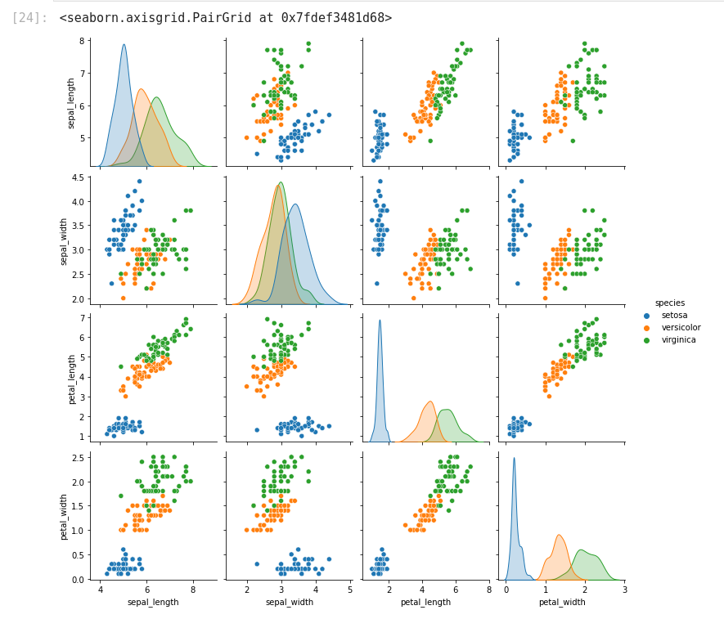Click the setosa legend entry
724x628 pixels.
click(x=674, y=315)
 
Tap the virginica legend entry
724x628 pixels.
click(x=678, y=339)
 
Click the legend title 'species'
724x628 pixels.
click(x=669, y=303)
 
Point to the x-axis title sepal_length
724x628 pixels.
click(x=153, y=603)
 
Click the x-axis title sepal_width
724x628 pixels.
click(x=289, y=603)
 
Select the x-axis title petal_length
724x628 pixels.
click(x=425, y=603)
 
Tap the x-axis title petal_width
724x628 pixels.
click(x=561, y=603)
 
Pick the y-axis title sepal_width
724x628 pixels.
click(x=65, y=241)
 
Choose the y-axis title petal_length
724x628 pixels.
click(x=72, y=379)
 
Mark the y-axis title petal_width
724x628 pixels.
click(x=65, y=516)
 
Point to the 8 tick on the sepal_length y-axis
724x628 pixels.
click(x=83, y=40)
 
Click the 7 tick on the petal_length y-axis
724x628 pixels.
click(x=83, y=317)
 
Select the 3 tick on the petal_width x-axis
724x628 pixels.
click(x=624, y=589)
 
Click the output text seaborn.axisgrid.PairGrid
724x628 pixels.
click(x=225, y=18)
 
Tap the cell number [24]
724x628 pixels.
click(x=29, y=18)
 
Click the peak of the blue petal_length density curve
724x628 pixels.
click(x=380, y=321)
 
